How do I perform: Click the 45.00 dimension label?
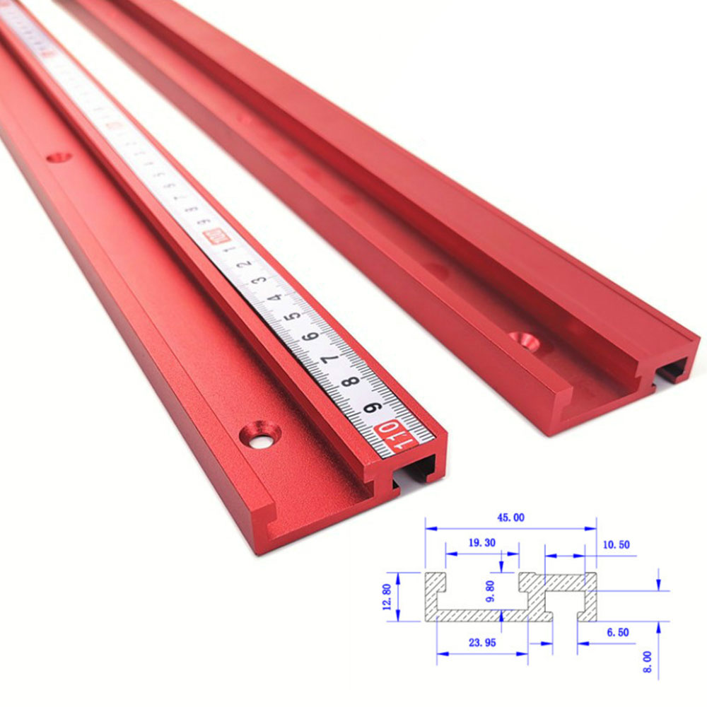point(510,518)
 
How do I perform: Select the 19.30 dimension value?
point(481,543)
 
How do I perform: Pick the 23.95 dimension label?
point(481,642)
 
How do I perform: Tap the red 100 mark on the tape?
point(210,238)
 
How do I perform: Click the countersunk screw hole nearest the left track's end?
point(262,434)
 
